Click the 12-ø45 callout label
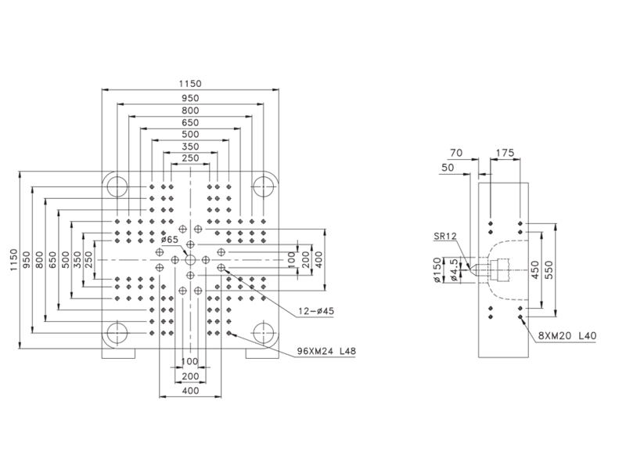point(316,311)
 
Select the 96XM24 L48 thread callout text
point(326,351)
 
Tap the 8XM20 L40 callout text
point(567,335)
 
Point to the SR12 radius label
point(445,237)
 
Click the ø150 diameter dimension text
point(438,270)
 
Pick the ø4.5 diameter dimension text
point(453,269)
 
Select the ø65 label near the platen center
point(170,240)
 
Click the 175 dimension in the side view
point(505,153)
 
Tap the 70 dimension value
point(456,153)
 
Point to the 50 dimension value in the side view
point(448,168)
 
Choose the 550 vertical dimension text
point(549,269)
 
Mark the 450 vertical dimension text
point(535,269)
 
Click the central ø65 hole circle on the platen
point(190,260)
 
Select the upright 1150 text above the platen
point(190,84)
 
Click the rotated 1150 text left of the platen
point(14,260)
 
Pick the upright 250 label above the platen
point(190,158)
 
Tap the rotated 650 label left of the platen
point(52,260)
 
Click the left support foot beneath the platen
point(119,354)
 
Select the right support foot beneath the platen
point(262,354)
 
